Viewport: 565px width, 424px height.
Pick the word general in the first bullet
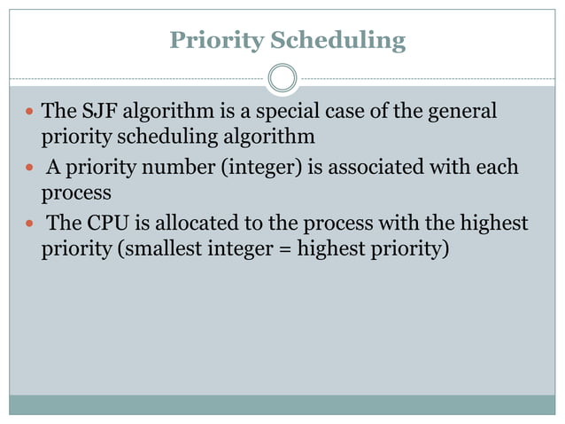462,112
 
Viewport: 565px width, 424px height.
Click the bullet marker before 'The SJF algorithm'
29,113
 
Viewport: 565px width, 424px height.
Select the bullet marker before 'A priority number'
29,168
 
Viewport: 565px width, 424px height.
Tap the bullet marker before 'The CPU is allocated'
29,223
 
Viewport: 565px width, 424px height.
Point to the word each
499,167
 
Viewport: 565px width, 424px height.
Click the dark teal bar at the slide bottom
282,404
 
